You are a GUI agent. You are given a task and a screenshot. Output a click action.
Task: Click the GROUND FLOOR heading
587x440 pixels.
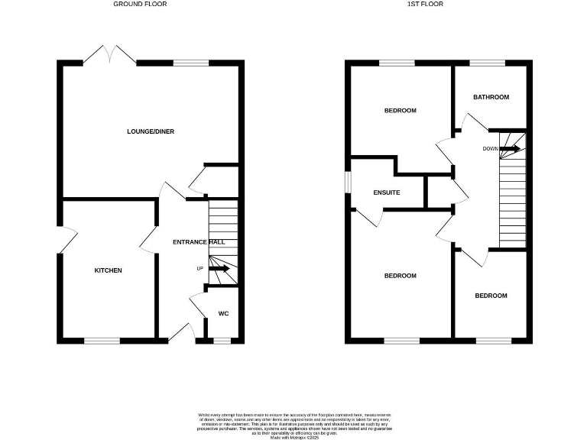point(140,4)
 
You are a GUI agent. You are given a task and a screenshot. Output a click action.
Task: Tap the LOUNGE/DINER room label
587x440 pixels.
point(151,131)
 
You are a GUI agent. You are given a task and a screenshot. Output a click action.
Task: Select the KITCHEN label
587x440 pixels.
point(108,270)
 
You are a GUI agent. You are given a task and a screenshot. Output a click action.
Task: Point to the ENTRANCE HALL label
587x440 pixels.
point(199,242)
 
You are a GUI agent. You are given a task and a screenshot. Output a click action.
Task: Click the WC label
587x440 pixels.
point(224,313)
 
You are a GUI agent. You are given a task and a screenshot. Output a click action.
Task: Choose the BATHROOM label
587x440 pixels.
point(491,97)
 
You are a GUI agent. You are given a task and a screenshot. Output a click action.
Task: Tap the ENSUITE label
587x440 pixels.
point(386,192)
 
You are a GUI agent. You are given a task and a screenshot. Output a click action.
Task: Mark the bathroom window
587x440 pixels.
point(487,63)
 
